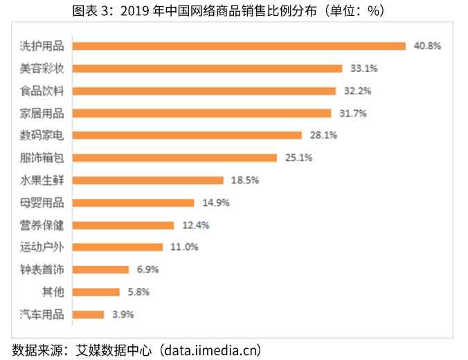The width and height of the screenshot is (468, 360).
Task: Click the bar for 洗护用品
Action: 239,46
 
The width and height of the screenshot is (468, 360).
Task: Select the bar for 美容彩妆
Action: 207,69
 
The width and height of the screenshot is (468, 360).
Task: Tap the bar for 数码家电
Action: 187,135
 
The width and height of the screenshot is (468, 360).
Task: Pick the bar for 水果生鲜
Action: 148,180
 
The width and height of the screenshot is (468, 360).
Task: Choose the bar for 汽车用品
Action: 88,314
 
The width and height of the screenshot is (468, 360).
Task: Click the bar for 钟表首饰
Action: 101,269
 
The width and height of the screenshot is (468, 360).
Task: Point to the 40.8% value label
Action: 427,46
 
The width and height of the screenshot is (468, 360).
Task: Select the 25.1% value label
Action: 298,158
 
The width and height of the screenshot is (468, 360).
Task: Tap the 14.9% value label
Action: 215,203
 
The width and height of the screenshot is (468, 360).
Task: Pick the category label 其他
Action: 53,292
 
